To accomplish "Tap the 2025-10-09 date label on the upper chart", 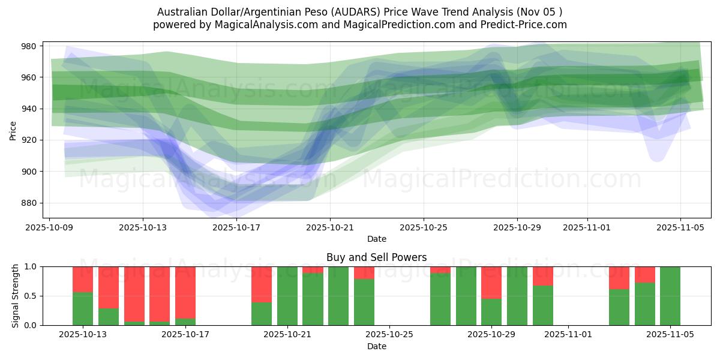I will click(49, 228).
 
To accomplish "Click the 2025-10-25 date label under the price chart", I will click(424, 228).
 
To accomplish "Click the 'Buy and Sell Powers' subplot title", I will click(376, 257).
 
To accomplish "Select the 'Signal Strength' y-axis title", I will click(16, 296).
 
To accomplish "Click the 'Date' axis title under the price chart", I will click(376, 239).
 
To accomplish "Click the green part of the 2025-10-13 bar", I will click(83, 308).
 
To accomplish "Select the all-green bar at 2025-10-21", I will click(287, 296).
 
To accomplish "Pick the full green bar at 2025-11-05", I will click(670, 296).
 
